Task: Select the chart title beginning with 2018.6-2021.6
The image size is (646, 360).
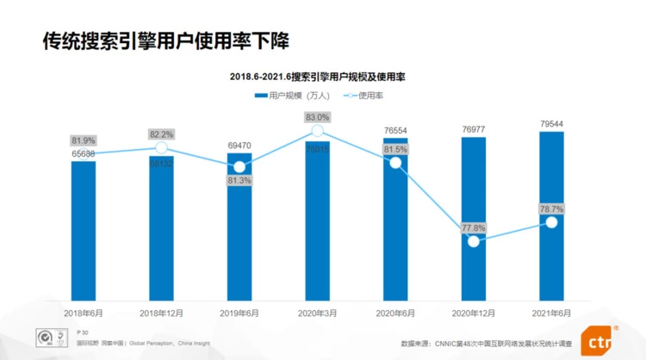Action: coord(318,77)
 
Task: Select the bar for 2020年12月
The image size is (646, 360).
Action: coord(474,215)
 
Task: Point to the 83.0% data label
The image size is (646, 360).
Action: coord(317,117)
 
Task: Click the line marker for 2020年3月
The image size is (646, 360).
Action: coord(317,131)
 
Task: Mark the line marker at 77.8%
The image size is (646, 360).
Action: coord(474,242)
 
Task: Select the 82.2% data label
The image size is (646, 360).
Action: coord(161,134)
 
